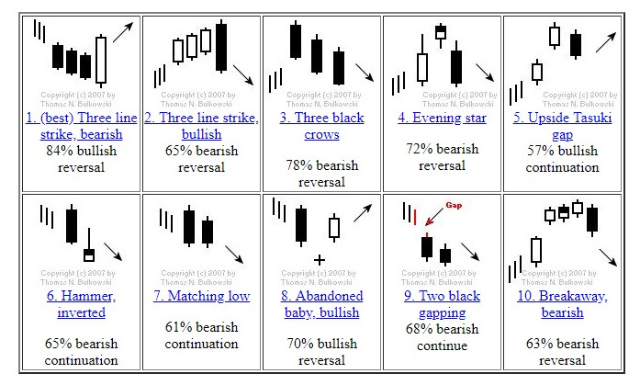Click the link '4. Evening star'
point(443,119)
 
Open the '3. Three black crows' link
point(322,126)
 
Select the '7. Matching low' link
point(201,296)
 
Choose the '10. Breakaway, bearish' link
point(562,304)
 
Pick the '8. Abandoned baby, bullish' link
point(322,304)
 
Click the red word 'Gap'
point(451,207)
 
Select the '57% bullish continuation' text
point(562,159)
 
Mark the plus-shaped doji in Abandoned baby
point(319,260)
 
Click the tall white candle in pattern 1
point(101,59)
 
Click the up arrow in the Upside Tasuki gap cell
point(605,40)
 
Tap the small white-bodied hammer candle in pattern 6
point(89,254)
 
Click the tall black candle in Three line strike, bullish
point(221,46)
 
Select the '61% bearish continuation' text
point(201,335)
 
